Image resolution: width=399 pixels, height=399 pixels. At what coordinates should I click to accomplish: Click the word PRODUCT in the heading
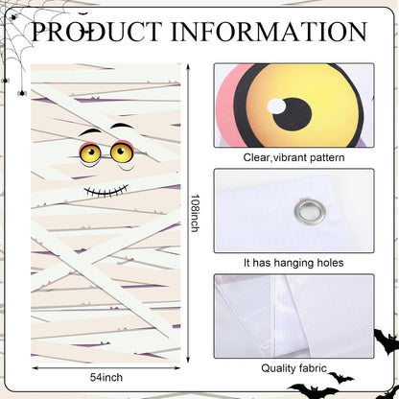coord(95,32)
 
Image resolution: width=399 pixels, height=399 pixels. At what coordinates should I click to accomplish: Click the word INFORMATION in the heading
coord(269,32)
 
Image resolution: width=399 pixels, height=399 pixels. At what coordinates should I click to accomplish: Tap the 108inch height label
coord(195,213)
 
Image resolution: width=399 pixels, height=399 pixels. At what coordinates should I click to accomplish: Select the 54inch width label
coord(106,377)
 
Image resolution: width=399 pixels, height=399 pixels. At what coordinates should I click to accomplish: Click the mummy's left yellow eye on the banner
coord(90,153)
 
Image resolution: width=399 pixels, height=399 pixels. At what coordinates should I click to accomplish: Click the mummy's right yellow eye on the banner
coord(122,152)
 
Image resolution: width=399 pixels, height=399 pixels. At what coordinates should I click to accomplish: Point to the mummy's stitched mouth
coord(106,191)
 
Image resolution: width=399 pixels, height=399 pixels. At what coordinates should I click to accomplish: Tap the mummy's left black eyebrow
coord(90,131)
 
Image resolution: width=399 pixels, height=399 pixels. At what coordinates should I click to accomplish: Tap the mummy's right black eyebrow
coord(122,126)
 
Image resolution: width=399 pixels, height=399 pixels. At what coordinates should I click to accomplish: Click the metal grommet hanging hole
coord(310,211)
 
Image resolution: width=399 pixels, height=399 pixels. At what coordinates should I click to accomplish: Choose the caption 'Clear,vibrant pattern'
coord(293,157)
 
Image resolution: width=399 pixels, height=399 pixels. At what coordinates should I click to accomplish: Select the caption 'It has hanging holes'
coord(293,263)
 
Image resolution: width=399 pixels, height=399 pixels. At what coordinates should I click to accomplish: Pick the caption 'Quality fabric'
coord(293,368)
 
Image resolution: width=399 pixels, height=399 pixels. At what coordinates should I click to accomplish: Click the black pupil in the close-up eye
coord(293,114)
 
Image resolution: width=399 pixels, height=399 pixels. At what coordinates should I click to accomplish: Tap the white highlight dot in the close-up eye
coord(276,106)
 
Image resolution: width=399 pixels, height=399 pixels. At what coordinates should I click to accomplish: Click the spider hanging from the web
coord(22,93)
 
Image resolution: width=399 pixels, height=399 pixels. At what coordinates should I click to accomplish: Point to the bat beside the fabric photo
coord(387,341)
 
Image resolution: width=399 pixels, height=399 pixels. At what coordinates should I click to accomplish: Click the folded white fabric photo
coord(293,317)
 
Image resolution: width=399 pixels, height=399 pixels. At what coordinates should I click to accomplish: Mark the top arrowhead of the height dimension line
coord(188,66)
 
